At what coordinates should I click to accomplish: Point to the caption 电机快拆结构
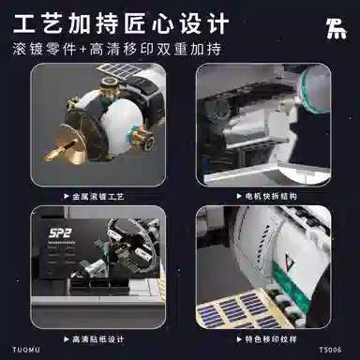(x=274, y=197)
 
